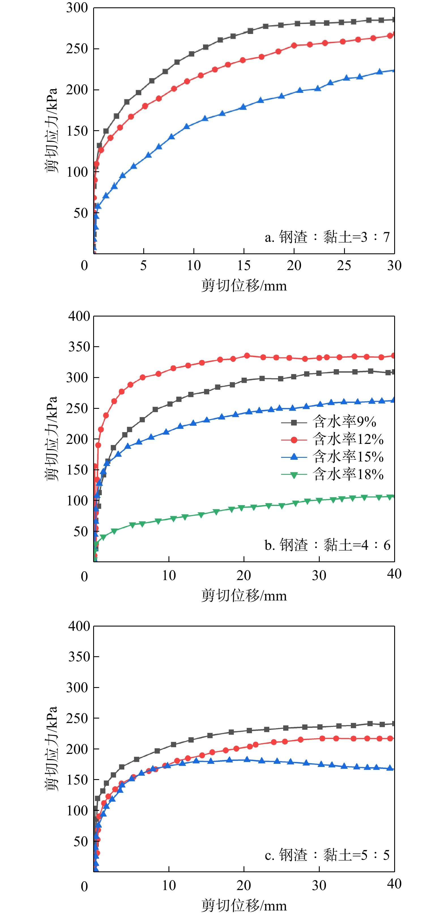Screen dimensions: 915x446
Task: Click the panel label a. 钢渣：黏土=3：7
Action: click(x=327, y=237)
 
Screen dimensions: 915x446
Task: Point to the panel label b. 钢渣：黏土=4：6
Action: click(x=327, y=545)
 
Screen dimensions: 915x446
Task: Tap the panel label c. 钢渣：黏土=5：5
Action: click(x=327, y=855)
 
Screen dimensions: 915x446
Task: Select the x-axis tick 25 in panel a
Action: click(x=344, y=265)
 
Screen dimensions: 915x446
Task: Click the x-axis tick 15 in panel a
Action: click(x=244, y=265)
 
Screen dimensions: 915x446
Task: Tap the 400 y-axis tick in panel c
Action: click(x=79, y=626)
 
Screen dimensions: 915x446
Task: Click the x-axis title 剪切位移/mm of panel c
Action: click(x=244, y=905)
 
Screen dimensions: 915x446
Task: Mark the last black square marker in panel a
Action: click(x=393, y=20)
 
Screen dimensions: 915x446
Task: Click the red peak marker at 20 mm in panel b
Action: click(x=247, y=356)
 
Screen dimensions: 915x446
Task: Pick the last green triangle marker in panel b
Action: click(x=391, y=497)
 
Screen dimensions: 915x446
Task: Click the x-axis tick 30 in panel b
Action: click(x=319, y=576)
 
